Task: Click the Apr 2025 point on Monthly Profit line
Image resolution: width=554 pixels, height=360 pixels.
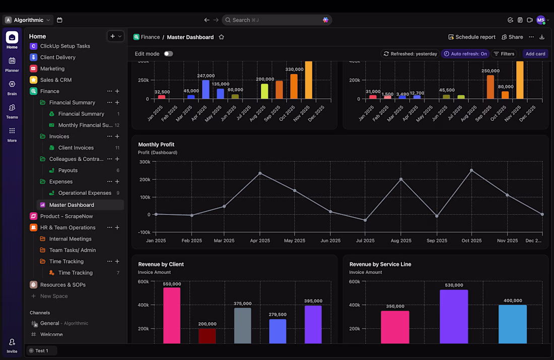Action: coord(260,173)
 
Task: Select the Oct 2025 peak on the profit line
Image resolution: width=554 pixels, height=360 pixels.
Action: coord(471,170)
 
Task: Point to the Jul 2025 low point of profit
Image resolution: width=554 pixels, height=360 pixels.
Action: coord(366,220)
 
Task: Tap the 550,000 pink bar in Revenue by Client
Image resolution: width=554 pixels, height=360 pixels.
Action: coord(172,315)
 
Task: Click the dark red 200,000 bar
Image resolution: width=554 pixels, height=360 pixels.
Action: coord(207,336)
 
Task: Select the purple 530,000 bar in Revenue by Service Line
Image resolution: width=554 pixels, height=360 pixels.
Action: coord(454,316)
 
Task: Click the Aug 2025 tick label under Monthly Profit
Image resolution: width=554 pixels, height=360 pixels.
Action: coord(401,241)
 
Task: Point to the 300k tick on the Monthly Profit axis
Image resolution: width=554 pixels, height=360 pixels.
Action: coord(145,162)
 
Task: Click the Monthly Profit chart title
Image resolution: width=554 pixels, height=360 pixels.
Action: coord(156,145)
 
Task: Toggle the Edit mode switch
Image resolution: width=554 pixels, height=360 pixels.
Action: coord(168,54)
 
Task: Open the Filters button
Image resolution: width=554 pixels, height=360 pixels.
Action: coord(504,54)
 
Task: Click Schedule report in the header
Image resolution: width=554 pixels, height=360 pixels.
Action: coord(472,37)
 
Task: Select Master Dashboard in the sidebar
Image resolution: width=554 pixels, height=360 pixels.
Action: coord(72,205)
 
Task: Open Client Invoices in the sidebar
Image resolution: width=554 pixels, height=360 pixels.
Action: coord(76,148)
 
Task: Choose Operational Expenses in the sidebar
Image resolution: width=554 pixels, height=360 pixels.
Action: coord(85,193)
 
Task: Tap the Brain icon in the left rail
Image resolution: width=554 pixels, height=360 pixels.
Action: coord(12,87)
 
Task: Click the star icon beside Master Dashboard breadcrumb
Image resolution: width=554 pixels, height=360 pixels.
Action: coord(221,37)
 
